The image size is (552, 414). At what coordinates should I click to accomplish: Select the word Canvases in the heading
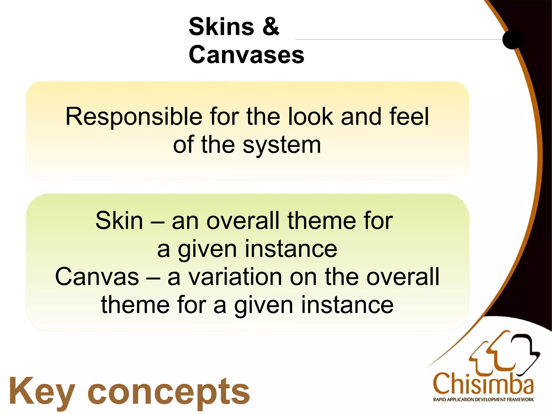pos(246,55)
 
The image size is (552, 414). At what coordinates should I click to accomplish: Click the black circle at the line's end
pos(512,39)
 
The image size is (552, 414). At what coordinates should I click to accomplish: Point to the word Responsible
pos(134,117)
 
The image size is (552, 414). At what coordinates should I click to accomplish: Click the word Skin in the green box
pos(119,221)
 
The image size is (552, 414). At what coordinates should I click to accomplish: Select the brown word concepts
pos(169,392)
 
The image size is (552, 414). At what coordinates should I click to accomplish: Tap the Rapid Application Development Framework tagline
pos(483,399)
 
